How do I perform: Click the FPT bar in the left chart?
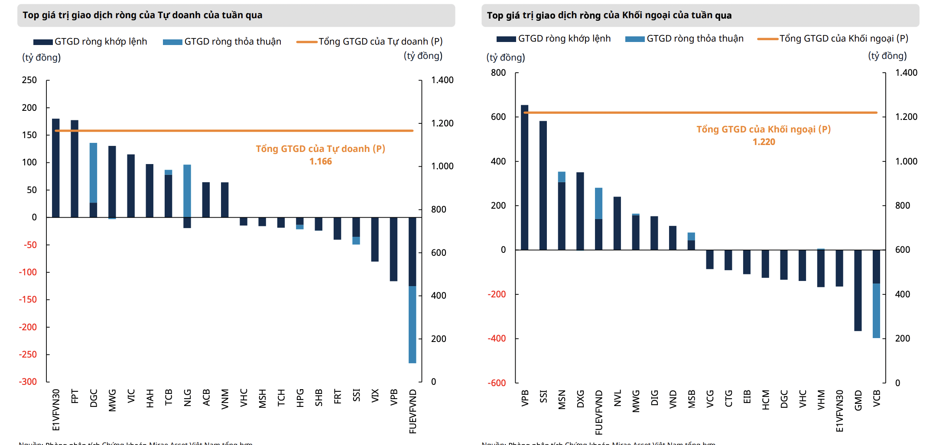point(75,169)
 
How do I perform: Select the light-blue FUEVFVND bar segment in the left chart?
point(412,325)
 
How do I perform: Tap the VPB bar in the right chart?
point(524,177)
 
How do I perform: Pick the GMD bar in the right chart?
point(858,290)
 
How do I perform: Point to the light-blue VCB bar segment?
point(876,311)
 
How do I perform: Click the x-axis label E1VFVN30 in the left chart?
point(56,410)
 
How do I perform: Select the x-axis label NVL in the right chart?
point(617,398)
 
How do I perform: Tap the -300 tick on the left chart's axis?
point(28,382)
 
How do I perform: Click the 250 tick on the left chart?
point(29,80)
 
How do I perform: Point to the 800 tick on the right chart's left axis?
point(498,73)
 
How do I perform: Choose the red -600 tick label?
point(497,383)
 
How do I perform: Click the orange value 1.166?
point(321,161)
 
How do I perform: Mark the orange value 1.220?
point(764,142)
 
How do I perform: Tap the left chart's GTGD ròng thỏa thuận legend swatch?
point(172,42)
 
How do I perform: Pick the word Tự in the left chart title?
point(163,15)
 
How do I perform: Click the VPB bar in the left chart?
point(393,249)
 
